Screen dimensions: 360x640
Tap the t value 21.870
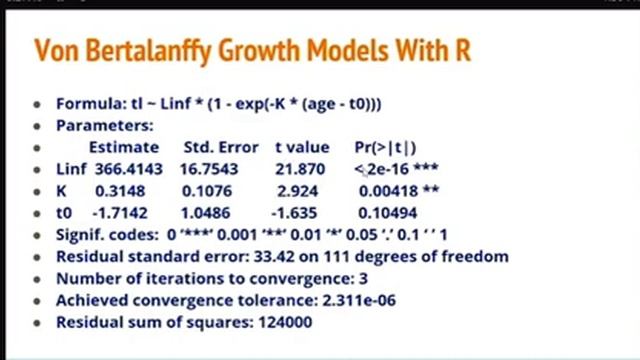[298, 169]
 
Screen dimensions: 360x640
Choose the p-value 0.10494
[391, 212]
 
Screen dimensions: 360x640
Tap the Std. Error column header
[221, 147]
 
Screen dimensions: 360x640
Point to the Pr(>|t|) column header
[385, 147]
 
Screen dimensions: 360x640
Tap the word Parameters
[103, 125]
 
